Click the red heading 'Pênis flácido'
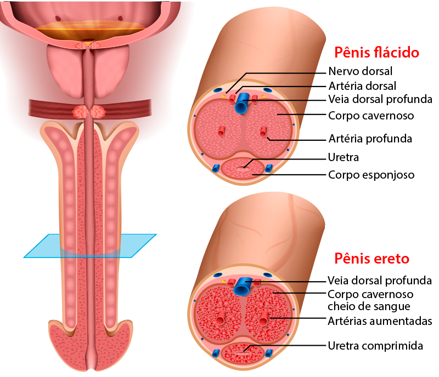[x=376, y=52]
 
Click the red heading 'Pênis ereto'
[x=372, y=259]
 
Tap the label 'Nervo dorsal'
[x=361, y=71]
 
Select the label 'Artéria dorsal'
[x=362, y=86]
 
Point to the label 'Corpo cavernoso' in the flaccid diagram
[x=371, y=116]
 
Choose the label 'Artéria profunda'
[x=370, y=139]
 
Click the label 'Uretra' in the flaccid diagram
[x=344, y=157]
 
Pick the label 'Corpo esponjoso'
[x=372, y=175]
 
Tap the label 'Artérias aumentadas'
[x=380, y=321]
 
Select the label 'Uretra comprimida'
[x=375, y=346]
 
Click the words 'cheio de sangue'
[x=369, y=306]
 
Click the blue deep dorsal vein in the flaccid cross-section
[x=241, y=103]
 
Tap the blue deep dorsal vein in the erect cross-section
[x=242, y=286]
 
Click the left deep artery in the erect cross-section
[x=221, y=317]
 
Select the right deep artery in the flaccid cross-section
[x=263, y=132]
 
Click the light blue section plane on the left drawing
[x=89, y=246]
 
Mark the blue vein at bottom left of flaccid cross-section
[x=215, y=168]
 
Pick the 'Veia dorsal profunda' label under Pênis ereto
[x=380, y=280]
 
